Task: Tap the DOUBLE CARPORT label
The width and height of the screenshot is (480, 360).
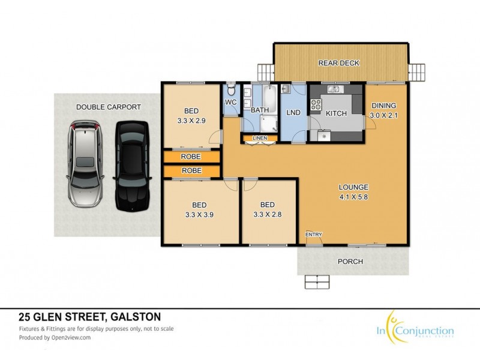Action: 109,107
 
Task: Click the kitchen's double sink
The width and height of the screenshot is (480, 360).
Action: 334,90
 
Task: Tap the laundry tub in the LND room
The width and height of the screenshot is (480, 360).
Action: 286,90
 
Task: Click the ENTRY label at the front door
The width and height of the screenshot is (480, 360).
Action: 313,234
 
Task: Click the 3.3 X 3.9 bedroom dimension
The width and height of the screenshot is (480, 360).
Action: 192,212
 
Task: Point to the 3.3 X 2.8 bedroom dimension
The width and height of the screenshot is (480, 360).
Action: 268,212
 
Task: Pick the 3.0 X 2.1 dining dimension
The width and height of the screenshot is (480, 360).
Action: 384,115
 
